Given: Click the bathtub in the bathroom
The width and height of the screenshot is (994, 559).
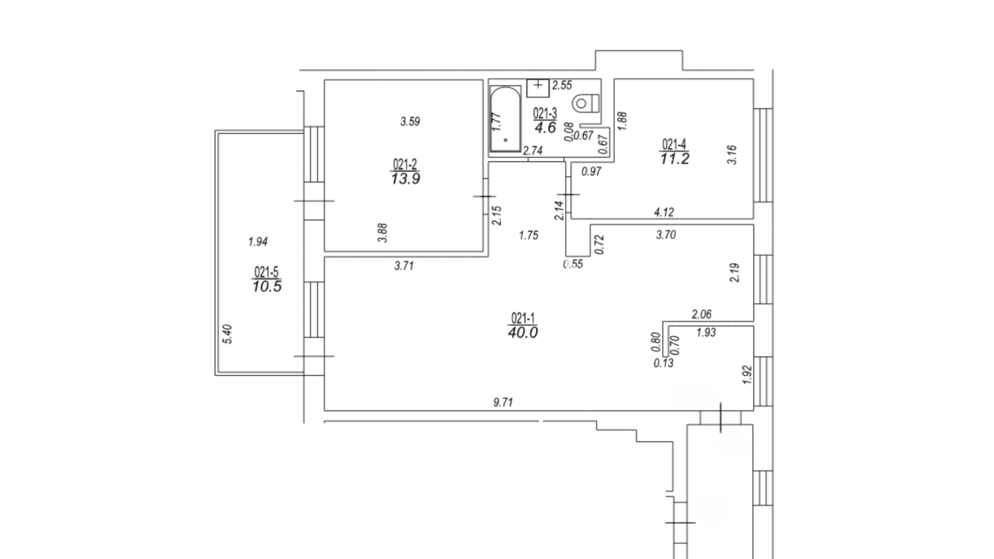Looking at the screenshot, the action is (505, 119).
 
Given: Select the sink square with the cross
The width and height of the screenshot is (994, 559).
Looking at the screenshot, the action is (538, 88).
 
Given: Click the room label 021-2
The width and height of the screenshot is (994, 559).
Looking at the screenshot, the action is (405, 165).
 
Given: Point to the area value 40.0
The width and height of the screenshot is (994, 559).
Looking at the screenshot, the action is (523, 332).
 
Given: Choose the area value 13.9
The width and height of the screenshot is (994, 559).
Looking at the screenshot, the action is (405, 179).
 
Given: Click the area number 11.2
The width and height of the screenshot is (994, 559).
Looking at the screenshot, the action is (675, 159).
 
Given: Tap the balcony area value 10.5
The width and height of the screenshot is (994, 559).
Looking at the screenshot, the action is (267, 286).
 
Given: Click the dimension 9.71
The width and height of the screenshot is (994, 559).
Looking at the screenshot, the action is (503, 402).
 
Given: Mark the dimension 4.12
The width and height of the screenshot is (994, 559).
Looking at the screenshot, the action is (664, 212).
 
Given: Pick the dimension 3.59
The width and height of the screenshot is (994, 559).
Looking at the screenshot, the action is (410, 122).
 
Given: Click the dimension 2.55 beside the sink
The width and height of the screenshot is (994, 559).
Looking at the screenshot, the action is (562, 85).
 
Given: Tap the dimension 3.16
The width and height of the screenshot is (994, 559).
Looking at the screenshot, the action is (732, 154).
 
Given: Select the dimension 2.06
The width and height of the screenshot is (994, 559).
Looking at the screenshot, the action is (702, 314).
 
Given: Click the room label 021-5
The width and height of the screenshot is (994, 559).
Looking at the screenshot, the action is (267, 272).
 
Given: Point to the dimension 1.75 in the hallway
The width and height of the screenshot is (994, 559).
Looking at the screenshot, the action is (529, 235).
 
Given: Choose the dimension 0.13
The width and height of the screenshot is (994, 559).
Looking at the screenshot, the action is (664, 363).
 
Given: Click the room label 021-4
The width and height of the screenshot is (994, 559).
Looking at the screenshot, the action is (675, 144).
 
